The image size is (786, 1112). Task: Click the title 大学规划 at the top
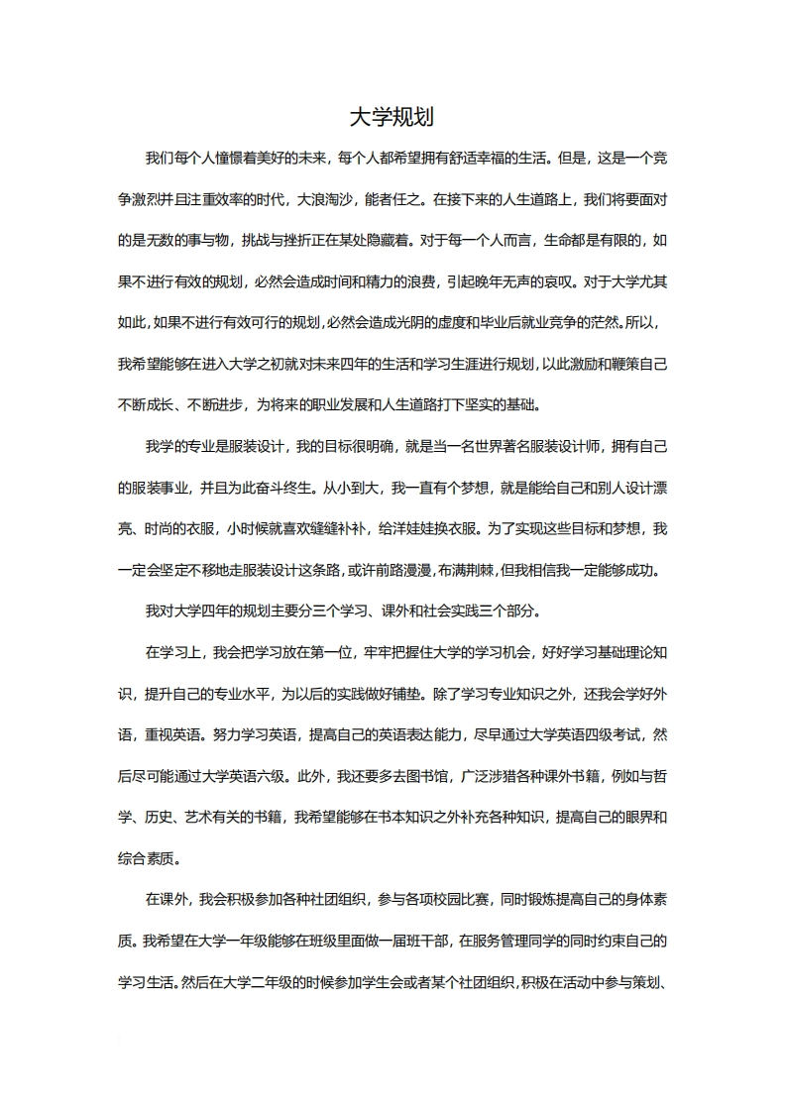tap(393, 118)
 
